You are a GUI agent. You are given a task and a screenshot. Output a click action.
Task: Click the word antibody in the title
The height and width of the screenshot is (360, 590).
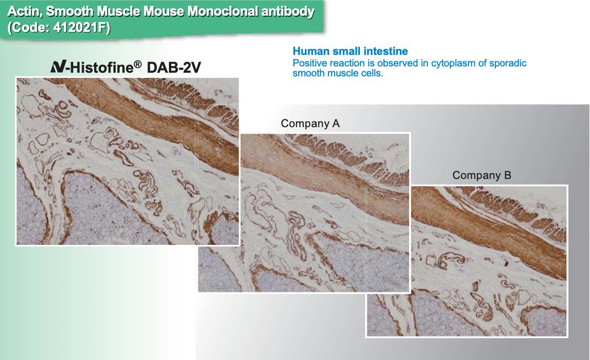point(288,12)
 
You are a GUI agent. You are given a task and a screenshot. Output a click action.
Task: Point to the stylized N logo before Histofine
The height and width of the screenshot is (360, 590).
point(59,66)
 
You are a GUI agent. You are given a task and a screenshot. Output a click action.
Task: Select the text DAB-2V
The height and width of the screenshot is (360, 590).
point(174,67)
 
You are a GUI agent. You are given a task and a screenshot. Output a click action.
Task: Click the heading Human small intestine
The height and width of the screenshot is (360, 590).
point(350,51)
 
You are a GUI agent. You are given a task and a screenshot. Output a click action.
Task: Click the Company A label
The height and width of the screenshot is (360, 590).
point(310,123)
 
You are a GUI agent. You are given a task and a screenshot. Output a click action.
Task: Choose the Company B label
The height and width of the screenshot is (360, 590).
point(482,175)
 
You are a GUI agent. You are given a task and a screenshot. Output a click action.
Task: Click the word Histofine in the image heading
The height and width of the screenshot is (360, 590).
point(102,67)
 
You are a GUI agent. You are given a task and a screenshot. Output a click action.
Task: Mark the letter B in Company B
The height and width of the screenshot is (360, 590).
point(507,175)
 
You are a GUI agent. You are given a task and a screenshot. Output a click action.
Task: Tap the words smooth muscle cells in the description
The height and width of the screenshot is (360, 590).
point(338,73)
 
